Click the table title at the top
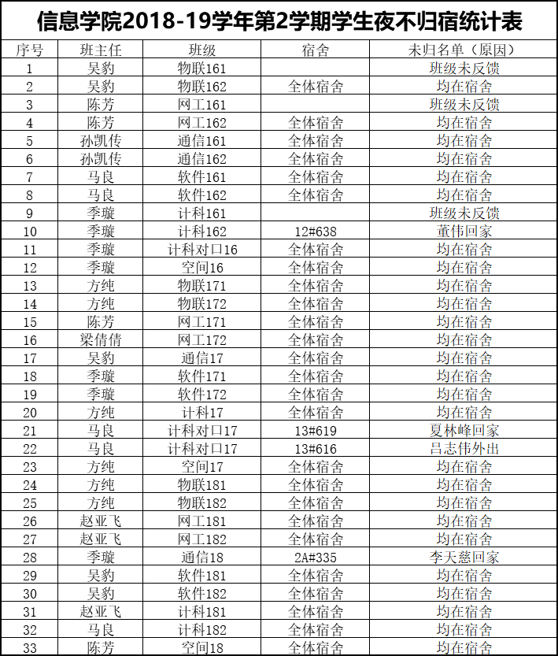pyautogui.click(x=279, y=20)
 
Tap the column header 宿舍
pyautogui.click(x=316, y=50)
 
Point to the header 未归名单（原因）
pyautogui.click(x=464, y=50)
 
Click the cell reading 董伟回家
pyautogui.click(x=464, y=232)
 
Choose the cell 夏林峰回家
pyautogui.click(x=464, y=431)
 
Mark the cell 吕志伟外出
pyautogui.click(x=464, y=449)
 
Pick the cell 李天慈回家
pyautogui.click(x=464, y=558)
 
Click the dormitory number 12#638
pyautogui.click(x=316, y=232)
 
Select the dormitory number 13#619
pyautogui.click(x=316, y=431)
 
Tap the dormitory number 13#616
pyautogui.click(x=316, y=449)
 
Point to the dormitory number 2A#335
pyautogui.click(x=316, y=558)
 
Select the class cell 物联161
pyautogui.click(x=202, y=68)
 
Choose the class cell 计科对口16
pyautogui.click(x=202, y=250)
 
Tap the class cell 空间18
pyautogui.click(x=202, y=648)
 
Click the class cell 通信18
pyautogui.click(x=202, y=558)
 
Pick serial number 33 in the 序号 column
pyautogui.click(x=30, y=648)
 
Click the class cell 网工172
pyautogui.click(x=202, y=340)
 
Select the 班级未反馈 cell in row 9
pyautogui.click(x=464, y=213)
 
